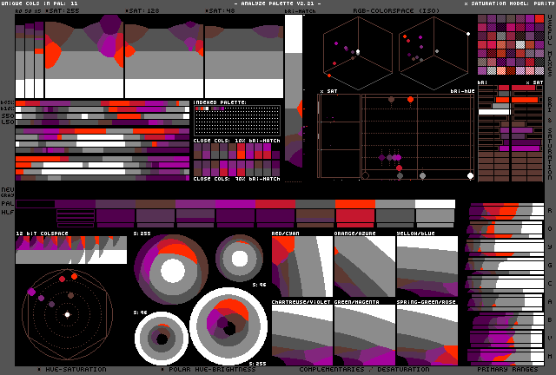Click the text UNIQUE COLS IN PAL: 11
[x=40, y=4]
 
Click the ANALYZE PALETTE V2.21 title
[x=277, y=4]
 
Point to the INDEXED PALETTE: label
[x=221, y=102]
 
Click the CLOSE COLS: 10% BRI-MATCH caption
[x=236, y=140]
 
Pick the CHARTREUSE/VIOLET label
[x=301, y=302]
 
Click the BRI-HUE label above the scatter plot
[x=461, y=90]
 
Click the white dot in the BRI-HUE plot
[x=470, y=176]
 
